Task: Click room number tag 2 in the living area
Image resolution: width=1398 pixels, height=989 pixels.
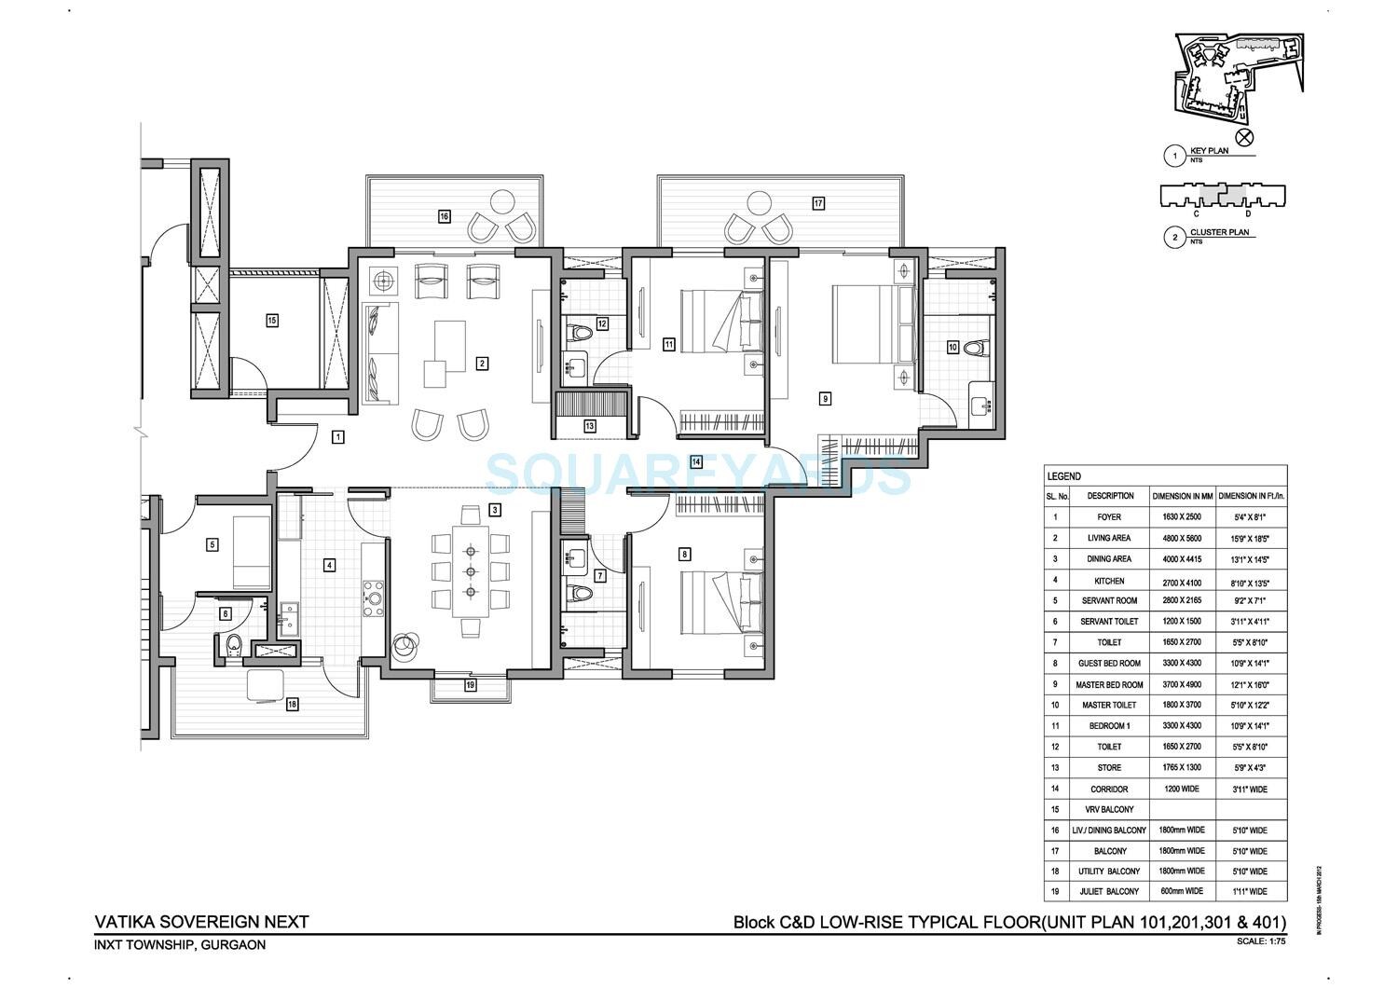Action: coord(482,364)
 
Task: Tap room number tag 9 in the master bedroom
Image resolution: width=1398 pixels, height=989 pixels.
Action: coord(825,398)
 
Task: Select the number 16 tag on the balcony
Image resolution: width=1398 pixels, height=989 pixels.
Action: coord(445,216)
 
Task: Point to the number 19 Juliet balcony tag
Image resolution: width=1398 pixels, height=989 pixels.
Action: coord(470,686)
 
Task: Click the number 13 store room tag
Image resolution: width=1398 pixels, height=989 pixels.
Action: coord(589,426)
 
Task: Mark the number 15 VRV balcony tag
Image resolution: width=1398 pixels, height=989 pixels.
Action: coord(272,321)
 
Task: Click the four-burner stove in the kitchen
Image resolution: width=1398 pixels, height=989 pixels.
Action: coord(374,597)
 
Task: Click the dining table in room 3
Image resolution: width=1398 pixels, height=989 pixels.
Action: coord(471,570)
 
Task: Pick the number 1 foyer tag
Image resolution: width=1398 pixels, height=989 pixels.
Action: coord(338,436)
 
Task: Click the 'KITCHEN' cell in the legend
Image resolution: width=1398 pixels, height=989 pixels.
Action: coord(1109,580)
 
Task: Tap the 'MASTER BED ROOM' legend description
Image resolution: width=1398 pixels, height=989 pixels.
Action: coord(1109,684)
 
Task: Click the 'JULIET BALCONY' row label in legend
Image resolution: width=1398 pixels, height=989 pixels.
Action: coord(1109,891)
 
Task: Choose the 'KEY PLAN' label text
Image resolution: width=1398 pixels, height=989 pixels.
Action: coord(1209,150)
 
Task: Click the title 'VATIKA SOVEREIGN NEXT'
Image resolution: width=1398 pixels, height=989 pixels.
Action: coord(201,922)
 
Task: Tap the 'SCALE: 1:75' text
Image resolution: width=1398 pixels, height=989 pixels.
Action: coord(1261,941)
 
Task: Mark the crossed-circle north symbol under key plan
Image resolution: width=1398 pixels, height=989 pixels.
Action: coord(1244,137)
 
